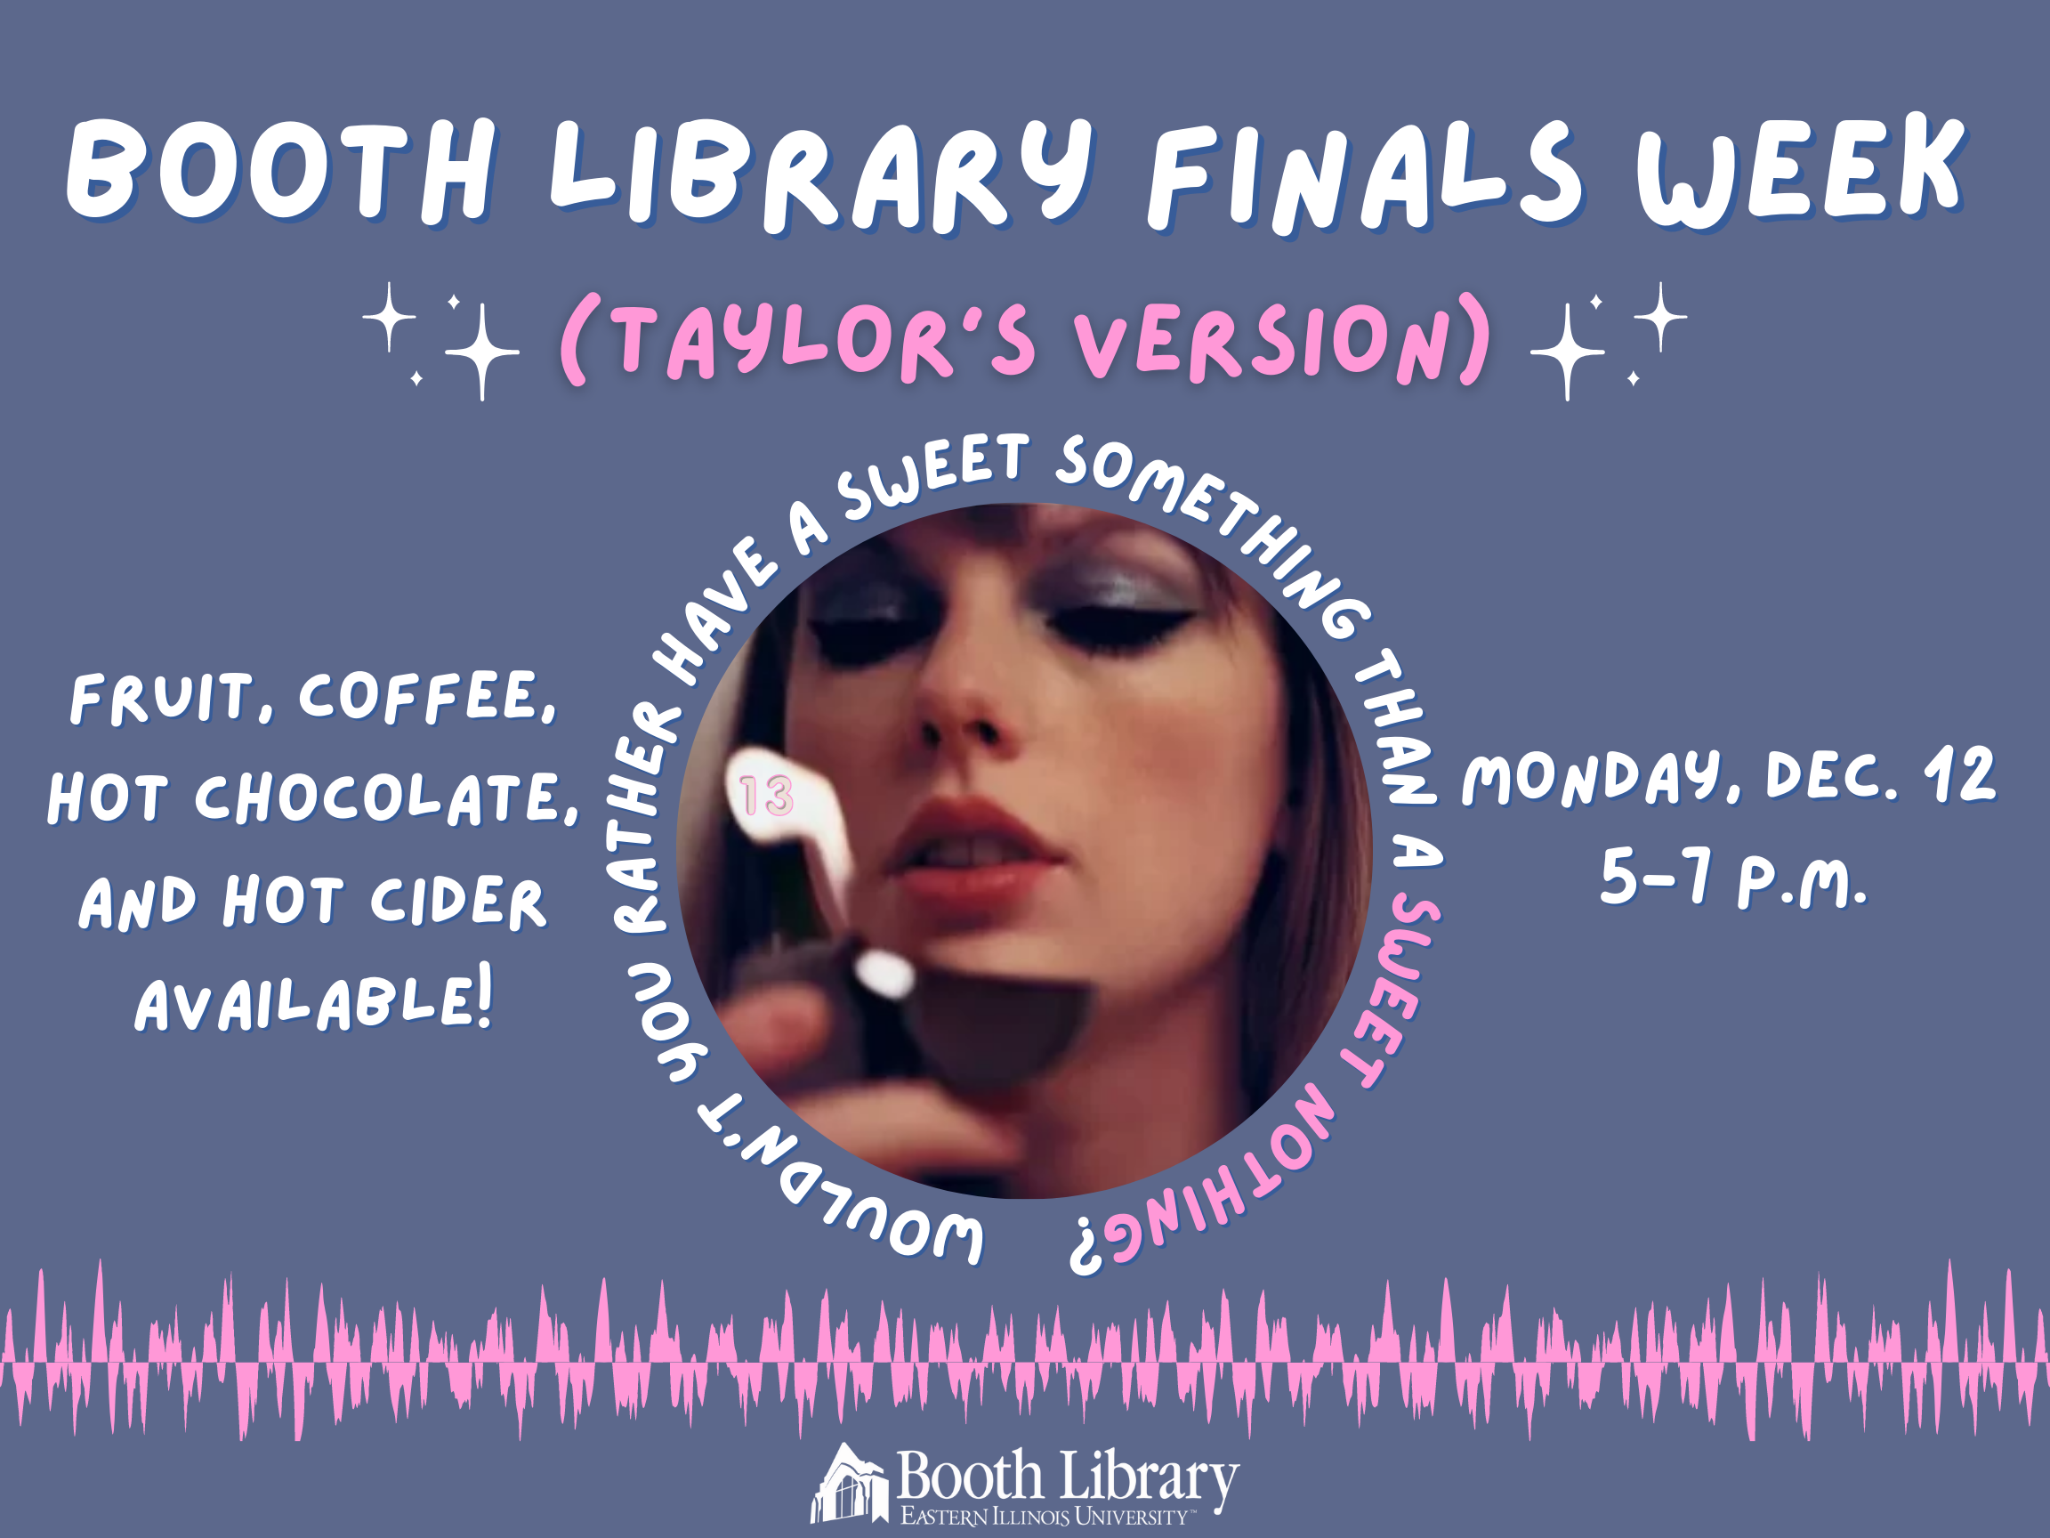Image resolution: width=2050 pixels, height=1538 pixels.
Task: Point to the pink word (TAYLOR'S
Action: click(x=798, y=341)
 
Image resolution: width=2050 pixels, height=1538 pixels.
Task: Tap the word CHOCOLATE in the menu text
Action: click(x=386, y=797)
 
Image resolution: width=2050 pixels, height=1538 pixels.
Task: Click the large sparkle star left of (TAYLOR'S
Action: click(x=482, y=352)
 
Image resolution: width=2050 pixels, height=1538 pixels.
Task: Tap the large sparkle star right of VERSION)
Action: click(x=1567, y=352)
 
